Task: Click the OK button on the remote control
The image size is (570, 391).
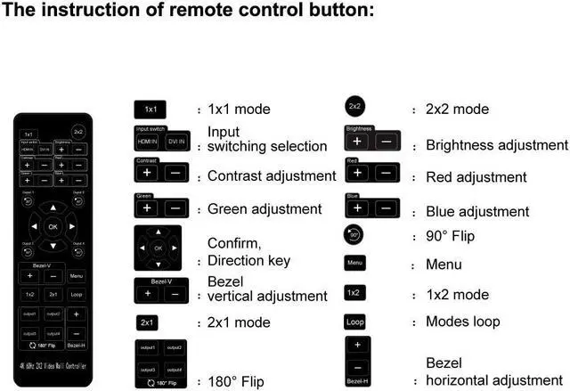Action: coord(53,226)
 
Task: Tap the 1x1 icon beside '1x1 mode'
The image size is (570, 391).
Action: coord(151,110)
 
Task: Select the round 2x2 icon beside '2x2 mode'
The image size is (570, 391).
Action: coord(354,107)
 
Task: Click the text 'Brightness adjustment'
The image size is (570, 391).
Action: coord(497,144)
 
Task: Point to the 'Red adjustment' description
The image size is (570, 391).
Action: coord(476,177)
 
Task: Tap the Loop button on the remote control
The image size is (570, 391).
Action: coord(77,293)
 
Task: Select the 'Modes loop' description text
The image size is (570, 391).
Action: coord(463,322)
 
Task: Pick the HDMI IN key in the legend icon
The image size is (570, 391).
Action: coord(148,142)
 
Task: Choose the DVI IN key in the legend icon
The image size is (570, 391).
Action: coord(176,142)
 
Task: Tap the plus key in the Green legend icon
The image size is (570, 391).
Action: coord(147,208)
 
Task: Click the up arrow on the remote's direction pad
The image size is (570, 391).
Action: coord(53,208)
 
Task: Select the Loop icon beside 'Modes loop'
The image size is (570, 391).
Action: coord(355,322)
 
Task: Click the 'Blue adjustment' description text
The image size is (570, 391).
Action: coord(477,211)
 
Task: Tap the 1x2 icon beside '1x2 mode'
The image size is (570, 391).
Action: coord(354,293)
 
